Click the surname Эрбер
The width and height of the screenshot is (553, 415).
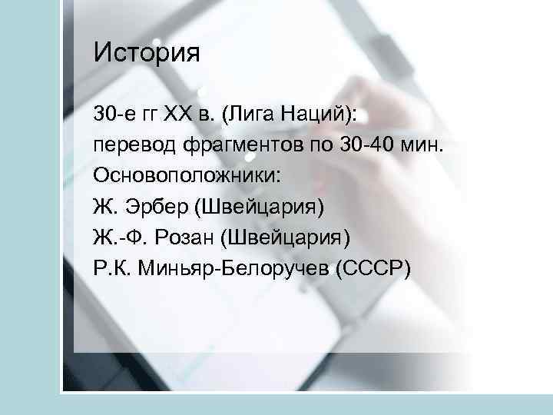(159, 206)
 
